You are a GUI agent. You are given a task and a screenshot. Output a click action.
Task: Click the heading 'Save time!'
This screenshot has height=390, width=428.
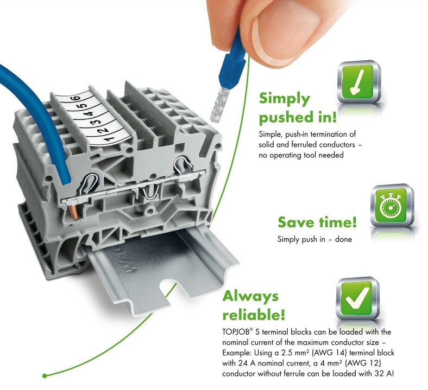coord(317,222)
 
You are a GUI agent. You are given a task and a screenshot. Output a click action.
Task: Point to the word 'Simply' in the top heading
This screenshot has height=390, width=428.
coord(284,98)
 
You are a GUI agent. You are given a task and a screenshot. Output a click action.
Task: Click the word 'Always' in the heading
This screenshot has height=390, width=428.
coord(250,296)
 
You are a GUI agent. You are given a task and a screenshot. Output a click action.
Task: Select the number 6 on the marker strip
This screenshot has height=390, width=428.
coord(76,99)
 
